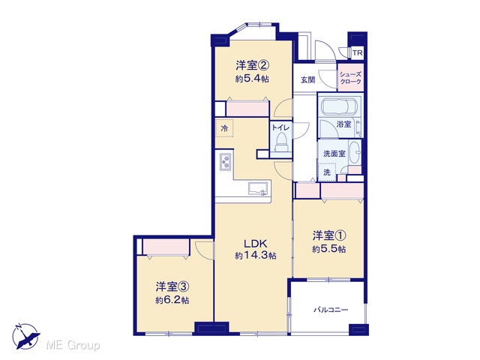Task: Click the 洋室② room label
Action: (x=252, y=65)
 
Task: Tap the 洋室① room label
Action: (x=329, y=235)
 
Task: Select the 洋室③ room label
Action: (x=172, y=286)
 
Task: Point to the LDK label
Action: (x=256, y=244)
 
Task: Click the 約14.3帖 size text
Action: (x=256, y=255)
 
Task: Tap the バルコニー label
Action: (x=331, y=310)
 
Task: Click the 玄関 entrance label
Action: (x=307, y=80)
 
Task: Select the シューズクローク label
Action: (x=350, y=78)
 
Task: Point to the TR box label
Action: (x=357, y=53)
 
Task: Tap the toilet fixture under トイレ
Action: (x=281, y=142)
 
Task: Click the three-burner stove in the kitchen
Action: (x=226, y=161)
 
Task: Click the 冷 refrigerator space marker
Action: (x=224, y=128)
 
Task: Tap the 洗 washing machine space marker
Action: (x=327, y=172)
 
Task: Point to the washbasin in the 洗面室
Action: (x=355, y=152)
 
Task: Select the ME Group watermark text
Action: (x=73, y=346)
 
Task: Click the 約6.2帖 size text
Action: (x=172, y=300)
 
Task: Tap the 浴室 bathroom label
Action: (x=343, y=124)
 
